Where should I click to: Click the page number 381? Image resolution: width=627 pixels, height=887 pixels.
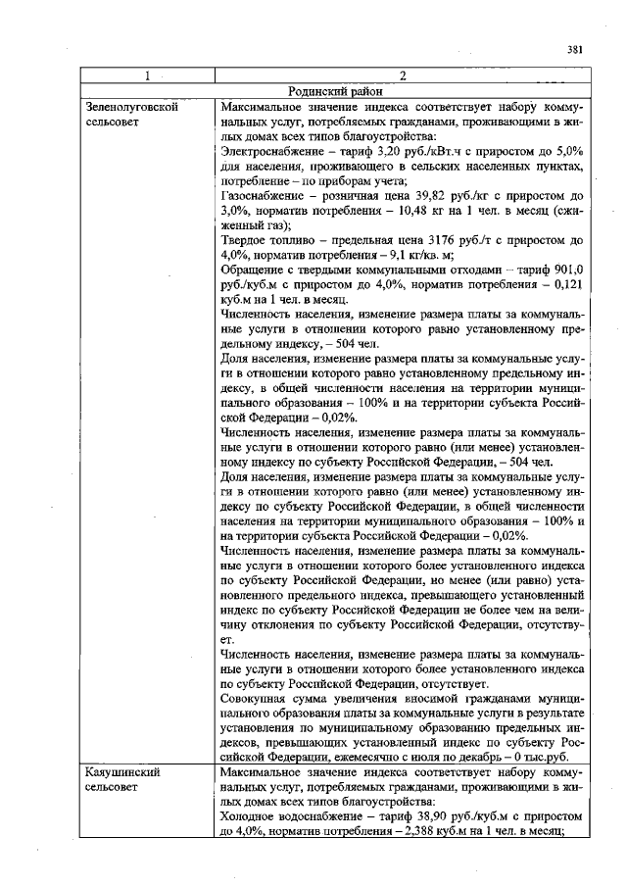(x=575, y=50)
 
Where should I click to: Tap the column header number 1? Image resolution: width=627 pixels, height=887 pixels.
(x=146, y=75)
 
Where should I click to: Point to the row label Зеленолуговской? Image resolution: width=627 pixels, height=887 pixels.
(x=132, y=106)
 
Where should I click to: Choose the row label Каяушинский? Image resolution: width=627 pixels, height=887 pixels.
(x=122, y=773)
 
